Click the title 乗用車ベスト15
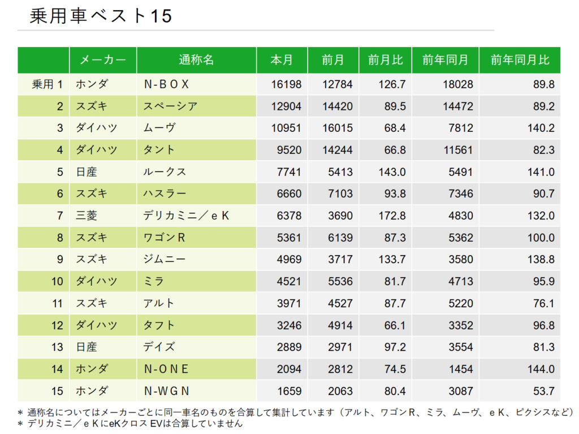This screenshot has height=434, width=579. (x=101, y=16)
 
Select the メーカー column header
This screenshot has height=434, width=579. (x=102, y=60)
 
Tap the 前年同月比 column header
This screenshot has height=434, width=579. (x=519, y=60)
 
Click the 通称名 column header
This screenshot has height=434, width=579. (x=196, y=60)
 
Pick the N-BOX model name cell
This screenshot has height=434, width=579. (x=166, y=84)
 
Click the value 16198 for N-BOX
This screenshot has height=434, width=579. (x=286, y=84)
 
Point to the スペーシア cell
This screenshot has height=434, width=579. (x=170, y=106)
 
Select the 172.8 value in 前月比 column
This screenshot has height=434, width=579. (x=394, y=216)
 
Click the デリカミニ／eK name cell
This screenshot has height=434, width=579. (x=186, y=216)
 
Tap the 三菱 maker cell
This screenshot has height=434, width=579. (x=87, y=216)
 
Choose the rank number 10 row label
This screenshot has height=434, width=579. (x=57, y=281)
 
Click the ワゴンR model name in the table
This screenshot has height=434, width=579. (x=164, y=238)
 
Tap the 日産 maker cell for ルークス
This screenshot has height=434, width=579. (x=87, y=172)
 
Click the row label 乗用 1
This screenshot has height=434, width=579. (x=47, y=84)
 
